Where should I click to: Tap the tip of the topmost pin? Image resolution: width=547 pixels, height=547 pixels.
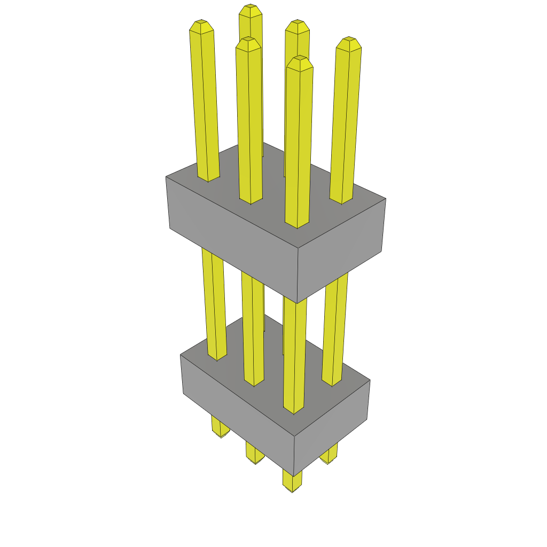click(250, 9)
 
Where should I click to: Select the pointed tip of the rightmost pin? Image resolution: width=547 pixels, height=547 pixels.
click(349, 41)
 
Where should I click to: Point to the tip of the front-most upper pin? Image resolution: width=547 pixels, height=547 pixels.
click(299, 60)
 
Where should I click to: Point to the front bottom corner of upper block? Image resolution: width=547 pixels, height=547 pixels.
click(297, 303)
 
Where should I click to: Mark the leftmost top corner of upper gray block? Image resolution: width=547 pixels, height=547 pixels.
click(166, 177)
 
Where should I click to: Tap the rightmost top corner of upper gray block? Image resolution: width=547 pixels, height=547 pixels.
click(386, 199)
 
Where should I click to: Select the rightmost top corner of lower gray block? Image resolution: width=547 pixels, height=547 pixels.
click(370, 380)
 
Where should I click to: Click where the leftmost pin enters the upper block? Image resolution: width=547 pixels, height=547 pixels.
click(209, 179)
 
